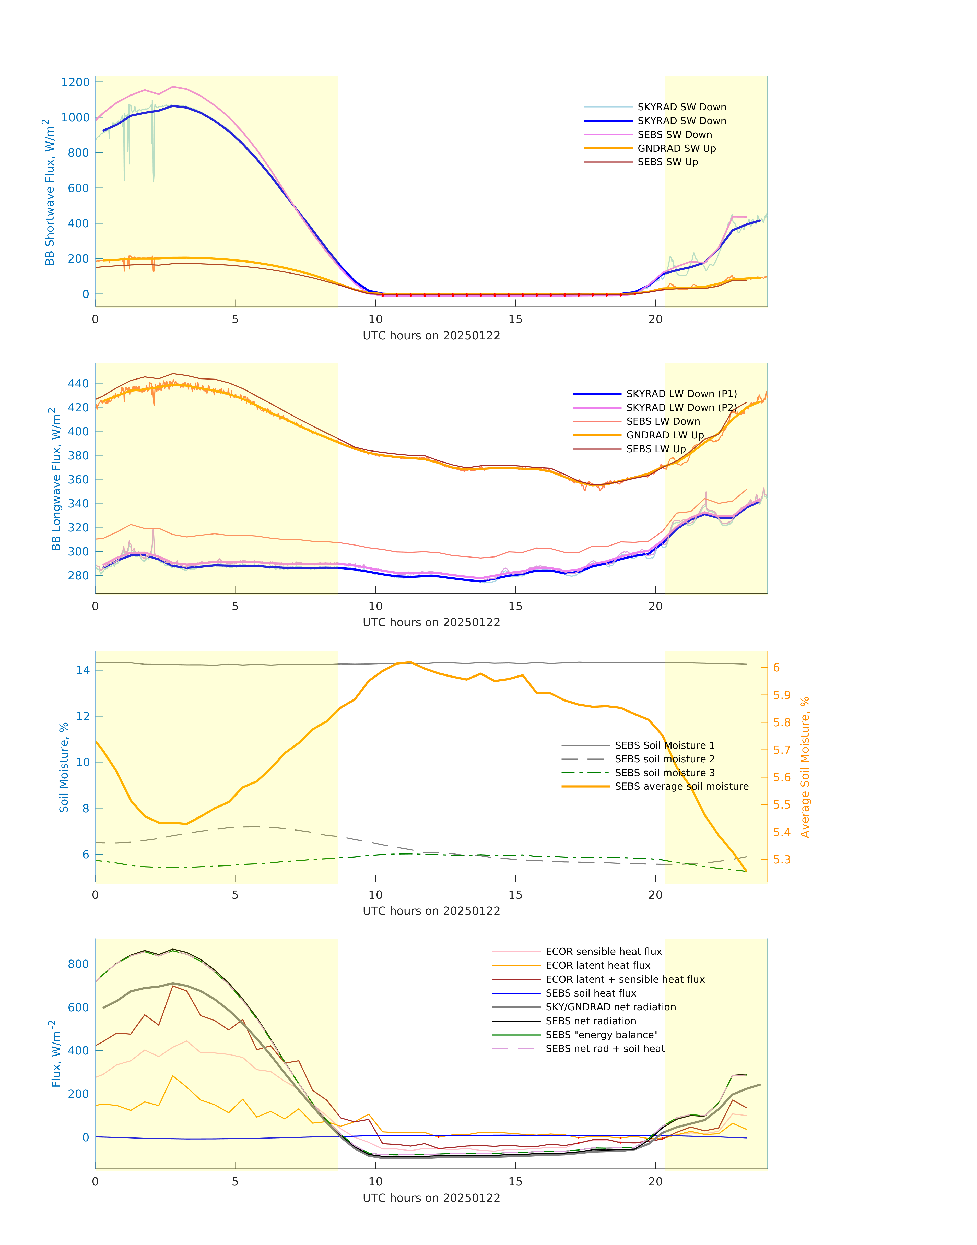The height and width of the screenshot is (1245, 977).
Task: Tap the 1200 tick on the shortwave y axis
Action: (x=76, y=82)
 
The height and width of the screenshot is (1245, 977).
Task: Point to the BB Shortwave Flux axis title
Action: (x=50, y=192)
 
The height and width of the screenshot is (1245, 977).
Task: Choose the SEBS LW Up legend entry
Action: (x=655, y=449)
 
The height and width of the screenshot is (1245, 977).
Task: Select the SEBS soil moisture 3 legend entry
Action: (x=664, y=773)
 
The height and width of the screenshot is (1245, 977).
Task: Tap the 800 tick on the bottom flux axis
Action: (x=78, y=964)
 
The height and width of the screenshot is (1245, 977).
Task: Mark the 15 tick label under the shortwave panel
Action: (x=515, y=320)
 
